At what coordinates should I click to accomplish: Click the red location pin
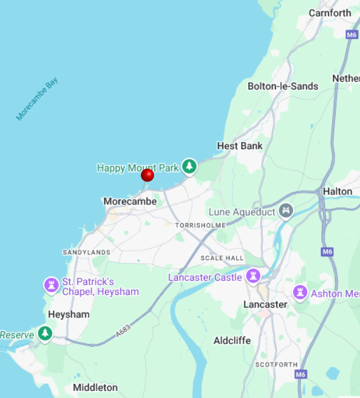pos(147,175)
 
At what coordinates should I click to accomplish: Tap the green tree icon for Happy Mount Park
pos(189,166)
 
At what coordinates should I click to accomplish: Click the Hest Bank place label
pos(240,146)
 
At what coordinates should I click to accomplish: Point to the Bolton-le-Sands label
pos(282,86)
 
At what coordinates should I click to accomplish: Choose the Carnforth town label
pos(330,12)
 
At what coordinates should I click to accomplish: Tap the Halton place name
pos(337,191)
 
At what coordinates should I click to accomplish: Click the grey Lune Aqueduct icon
pos(286,210)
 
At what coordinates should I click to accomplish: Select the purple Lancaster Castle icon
pos(253,276)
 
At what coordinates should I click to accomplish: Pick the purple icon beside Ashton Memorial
pos(300,293)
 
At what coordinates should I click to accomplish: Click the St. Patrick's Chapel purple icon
pos(52,285)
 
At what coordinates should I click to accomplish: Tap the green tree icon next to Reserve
pos(45,334)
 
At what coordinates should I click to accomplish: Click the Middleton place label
pos(95,388)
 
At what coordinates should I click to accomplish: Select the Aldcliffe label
pos(232,341)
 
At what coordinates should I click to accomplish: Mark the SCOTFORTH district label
pos(275,364)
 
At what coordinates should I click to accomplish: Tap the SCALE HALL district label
pos(222,258)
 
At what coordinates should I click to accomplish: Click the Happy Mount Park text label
pos(137,168)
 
